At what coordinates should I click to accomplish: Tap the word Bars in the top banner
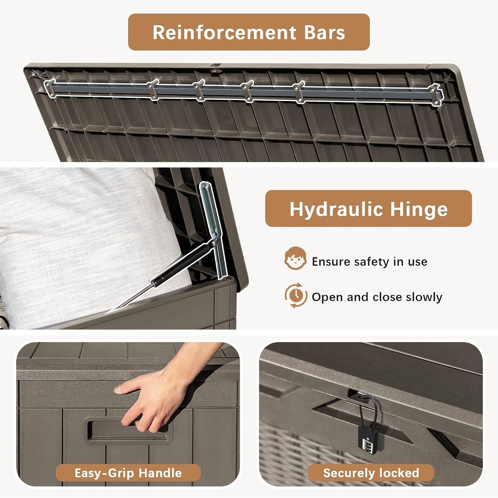(x=325, y=32)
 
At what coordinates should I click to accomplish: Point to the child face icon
(x=296, y=258)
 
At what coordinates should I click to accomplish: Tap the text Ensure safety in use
(x=369, y=261)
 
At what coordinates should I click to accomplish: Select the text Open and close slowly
(x=377, y=297)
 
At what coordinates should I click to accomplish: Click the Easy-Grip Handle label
(x=128, y=473)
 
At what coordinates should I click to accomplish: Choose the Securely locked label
(x=371, y=473)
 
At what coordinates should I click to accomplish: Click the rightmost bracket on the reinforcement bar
(x=436, y=95)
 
